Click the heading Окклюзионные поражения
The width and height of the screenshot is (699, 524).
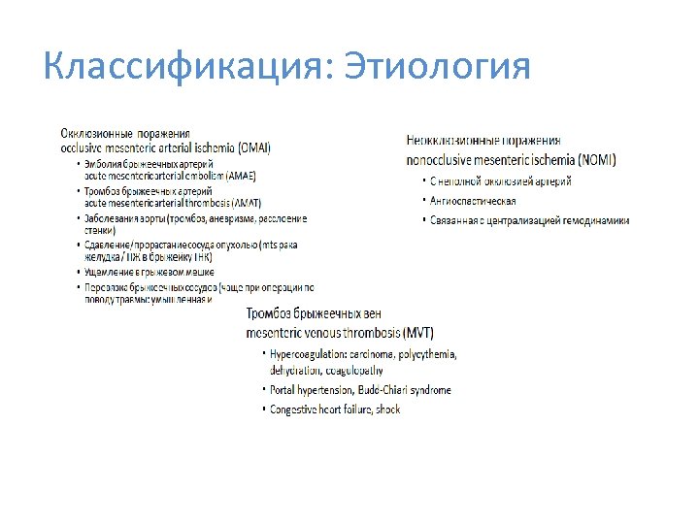coord(124,134)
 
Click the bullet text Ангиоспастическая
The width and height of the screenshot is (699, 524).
coord(476,201)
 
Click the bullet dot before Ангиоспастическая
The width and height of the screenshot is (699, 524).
coord(423,201)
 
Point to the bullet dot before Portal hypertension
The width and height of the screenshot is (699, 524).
coord(261,390)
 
